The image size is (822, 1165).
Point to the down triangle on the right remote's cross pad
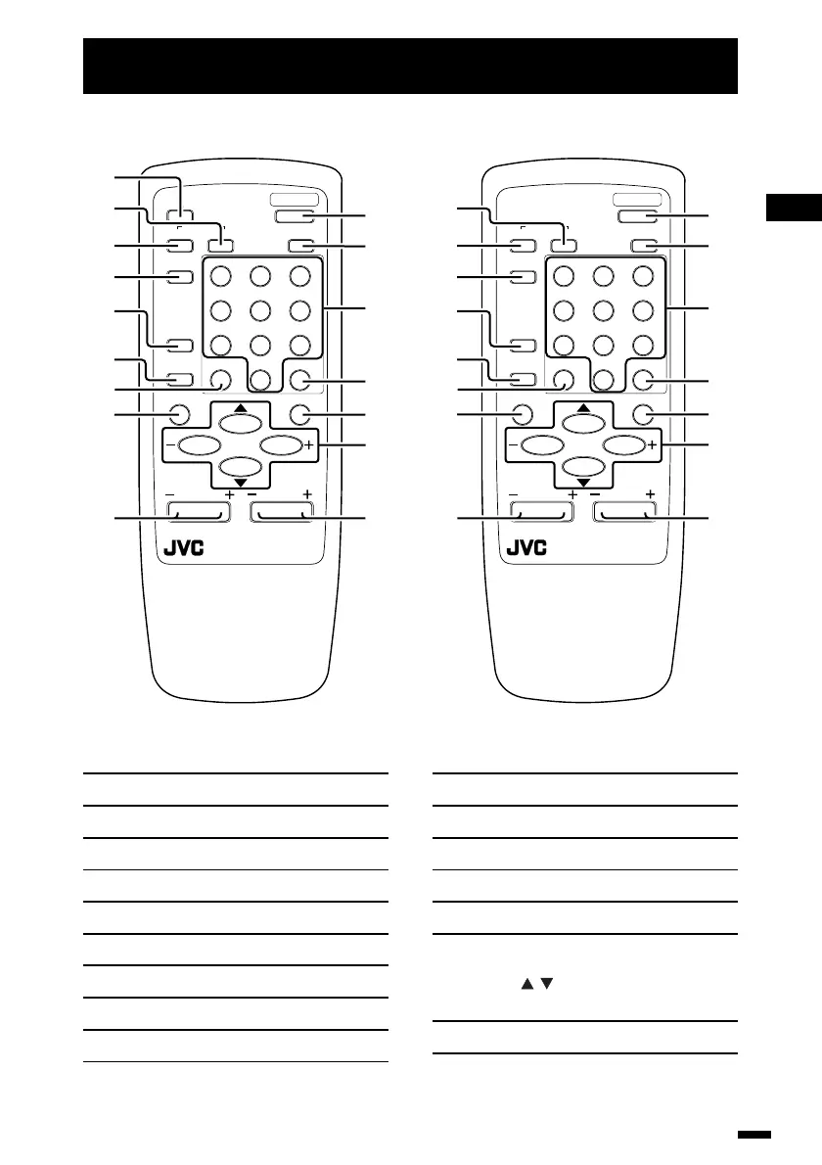point(583,483)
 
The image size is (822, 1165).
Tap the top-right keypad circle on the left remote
point(300,277)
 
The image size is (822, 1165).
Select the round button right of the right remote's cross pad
point(642,413)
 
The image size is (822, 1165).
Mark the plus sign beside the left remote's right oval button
point(308,445)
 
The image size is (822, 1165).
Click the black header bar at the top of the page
point(410,67)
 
